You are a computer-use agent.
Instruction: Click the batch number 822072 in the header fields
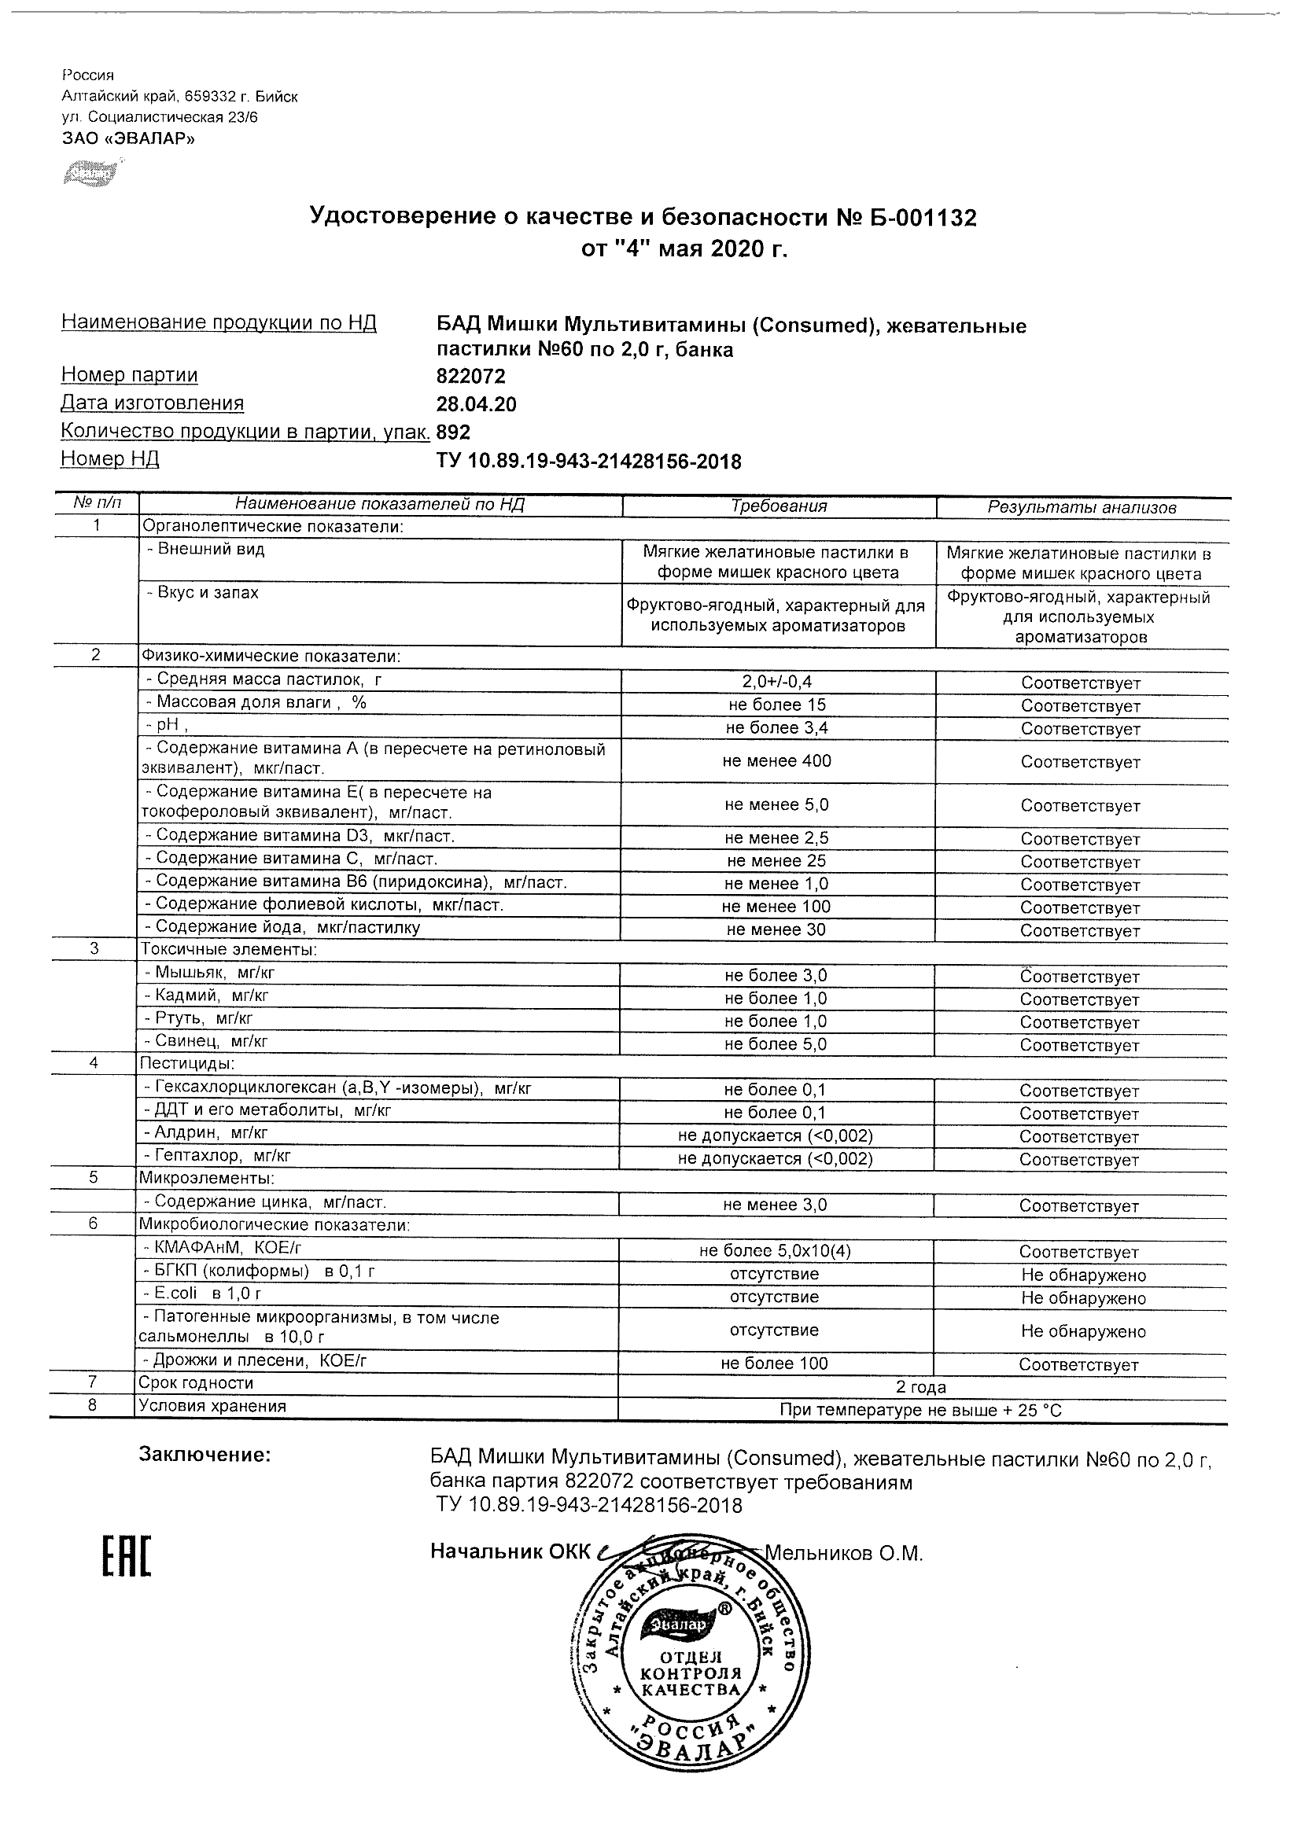[470, 376]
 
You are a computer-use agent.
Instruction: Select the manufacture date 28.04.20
[476, 404]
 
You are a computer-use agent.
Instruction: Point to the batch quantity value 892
[454, 432]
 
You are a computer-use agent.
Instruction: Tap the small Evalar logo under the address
[90, 172]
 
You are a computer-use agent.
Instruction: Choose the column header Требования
[779, 506]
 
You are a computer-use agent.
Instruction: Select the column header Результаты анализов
[1082, 507]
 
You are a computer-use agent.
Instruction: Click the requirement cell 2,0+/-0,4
[778, 682]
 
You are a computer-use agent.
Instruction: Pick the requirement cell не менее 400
[777, 760]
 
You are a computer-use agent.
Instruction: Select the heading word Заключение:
[205, 1455]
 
